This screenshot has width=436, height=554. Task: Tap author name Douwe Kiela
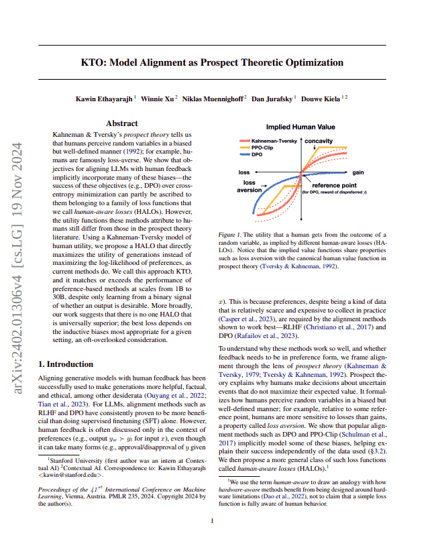pyautogui.click(x=321, y=99)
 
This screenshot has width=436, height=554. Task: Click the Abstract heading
pyautogui.click(x=122, y=123)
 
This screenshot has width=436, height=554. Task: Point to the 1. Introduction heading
pyautogui.click(x=65, y=364)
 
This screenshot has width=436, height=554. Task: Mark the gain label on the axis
pyautogui.click(x=358, y=172)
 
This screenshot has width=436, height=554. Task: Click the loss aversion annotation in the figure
pyautogui.click(x=250, y=186)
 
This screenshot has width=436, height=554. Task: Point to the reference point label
pyautogui.click(x=335, y=185)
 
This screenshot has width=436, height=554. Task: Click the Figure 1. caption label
pyautogui.click(x=231, y=235)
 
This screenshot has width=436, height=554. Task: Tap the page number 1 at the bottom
pyautogui.click(x=212, y=539)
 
